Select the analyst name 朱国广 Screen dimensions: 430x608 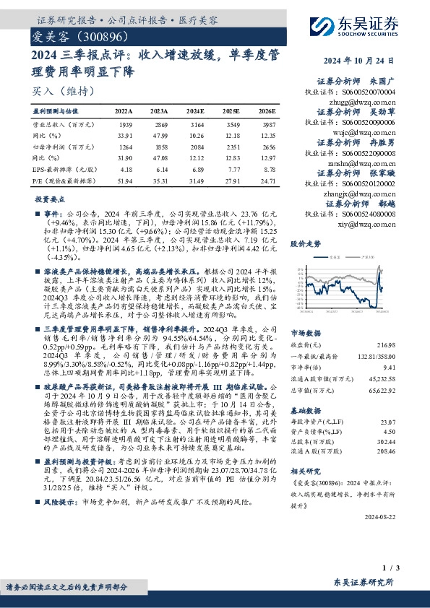click(x=383, y=82)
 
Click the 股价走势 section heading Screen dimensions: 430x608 click(x=306, y=244)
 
